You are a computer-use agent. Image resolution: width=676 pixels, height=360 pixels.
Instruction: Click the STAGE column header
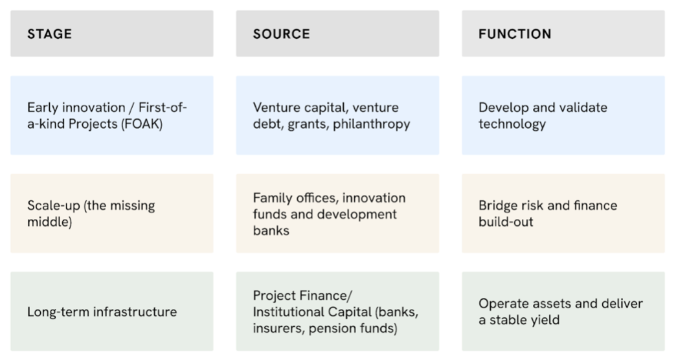click(x=50, y=34)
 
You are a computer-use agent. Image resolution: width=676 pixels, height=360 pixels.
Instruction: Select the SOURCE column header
click(x=281, y=34)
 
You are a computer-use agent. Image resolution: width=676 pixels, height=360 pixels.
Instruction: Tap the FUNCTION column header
click(x=515, y=34)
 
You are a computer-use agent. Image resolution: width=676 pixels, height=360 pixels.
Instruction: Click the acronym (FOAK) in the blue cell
click(x=142, y=124)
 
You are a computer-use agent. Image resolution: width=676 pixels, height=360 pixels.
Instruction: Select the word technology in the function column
click(x=512, y=124)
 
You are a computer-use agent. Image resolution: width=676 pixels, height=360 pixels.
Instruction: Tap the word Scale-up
click(x=54, y=206)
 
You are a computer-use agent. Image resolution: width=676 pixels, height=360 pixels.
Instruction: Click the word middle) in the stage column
click(x=50, y=222)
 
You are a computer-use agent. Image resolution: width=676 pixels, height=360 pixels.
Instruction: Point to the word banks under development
click(x=271, y=231)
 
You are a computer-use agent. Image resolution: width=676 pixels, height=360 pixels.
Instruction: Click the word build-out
click(x=506, y=222)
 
